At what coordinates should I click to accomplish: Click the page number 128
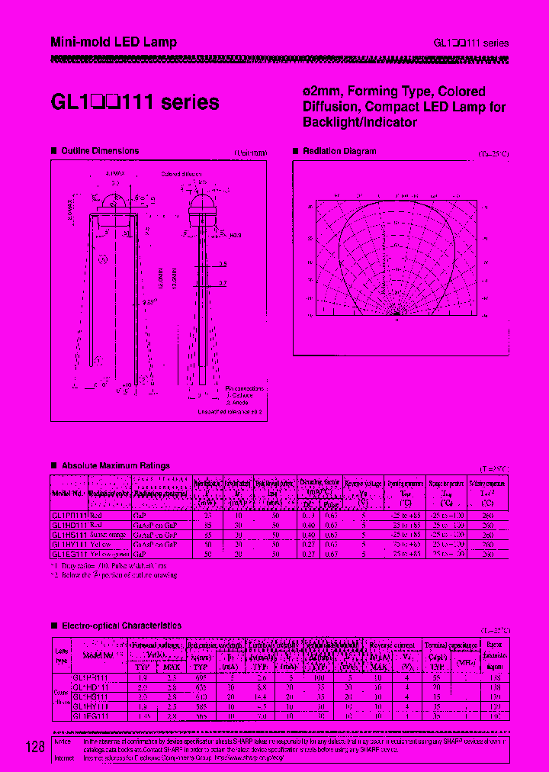(34, 747)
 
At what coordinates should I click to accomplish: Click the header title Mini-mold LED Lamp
(114, 42)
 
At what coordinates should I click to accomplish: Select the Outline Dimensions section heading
(100, 151)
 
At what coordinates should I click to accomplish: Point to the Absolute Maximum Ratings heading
(115, 465)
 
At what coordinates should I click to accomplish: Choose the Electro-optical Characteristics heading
(121, 625)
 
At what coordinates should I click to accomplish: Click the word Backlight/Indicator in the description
(360, 122)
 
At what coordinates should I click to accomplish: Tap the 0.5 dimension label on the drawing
(223, 264)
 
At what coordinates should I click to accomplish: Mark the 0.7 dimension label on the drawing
(223, 282)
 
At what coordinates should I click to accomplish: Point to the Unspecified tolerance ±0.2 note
(230, 411)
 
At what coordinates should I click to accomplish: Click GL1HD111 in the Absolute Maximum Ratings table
(69, 525)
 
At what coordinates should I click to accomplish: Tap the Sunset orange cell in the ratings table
(111, 536)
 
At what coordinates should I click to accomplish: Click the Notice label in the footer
(64, 741)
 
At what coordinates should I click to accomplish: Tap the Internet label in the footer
(66, 759)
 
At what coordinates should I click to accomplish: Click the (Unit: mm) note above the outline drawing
(250, 153)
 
